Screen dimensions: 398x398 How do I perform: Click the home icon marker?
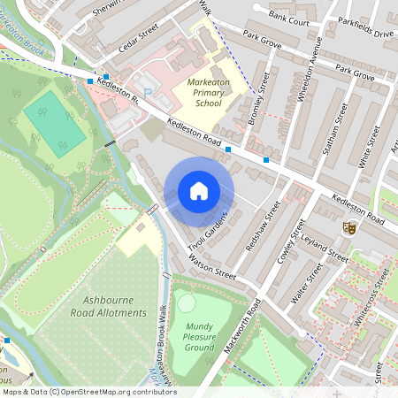[x=199, y=191]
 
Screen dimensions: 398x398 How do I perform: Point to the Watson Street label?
[x=212, y=268]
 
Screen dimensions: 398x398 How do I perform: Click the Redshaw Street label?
[x=263, y=226]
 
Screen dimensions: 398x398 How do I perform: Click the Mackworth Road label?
[x=241, y=326]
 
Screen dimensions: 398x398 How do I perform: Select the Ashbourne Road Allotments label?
[x=111, y=307]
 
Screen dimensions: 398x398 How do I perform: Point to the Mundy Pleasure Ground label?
[x=199, y=337]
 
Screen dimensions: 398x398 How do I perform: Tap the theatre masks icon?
[x=348, y=227]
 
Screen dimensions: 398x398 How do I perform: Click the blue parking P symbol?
[x=149, y=91]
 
